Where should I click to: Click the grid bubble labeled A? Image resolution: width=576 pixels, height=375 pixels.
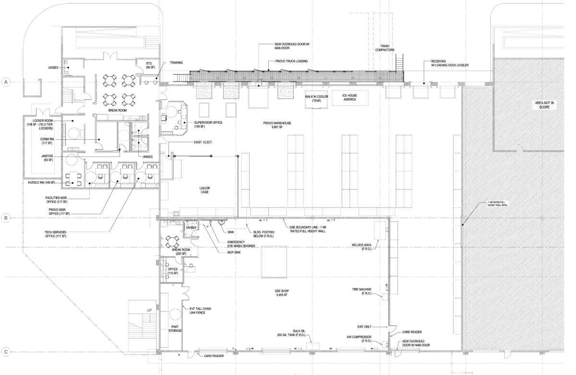click(6, 82)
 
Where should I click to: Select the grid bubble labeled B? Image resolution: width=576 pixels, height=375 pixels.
click(6, 218)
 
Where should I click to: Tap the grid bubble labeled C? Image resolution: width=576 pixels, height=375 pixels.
click(6, 352)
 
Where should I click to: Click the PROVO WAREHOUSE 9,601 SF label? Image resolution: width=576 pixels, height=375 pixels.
click(277, 125)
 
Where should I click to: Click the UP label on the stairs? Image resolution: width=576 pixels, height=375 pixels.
click(149, 311)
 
